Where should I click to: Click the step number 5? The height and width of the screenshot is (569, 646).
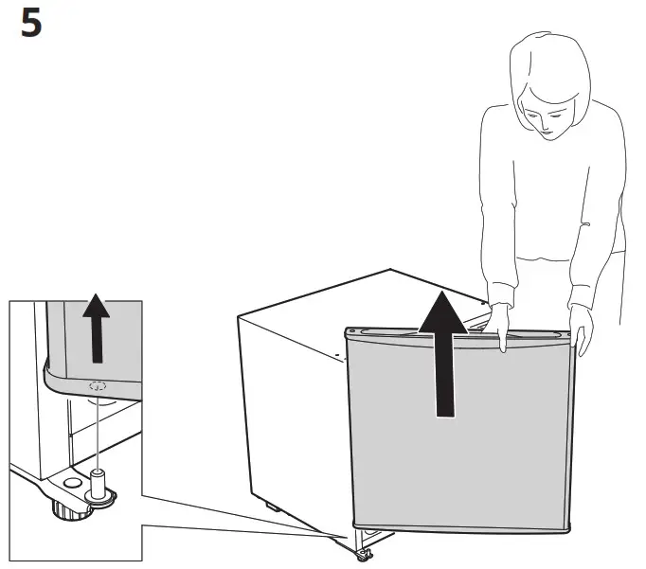tap(30, 24)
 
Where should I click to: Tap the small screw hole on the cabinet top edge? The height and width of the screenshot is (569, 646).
tap(335, 356)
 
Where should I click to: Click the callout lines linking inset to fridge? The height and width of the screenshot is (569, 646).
tap(237, 519)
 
